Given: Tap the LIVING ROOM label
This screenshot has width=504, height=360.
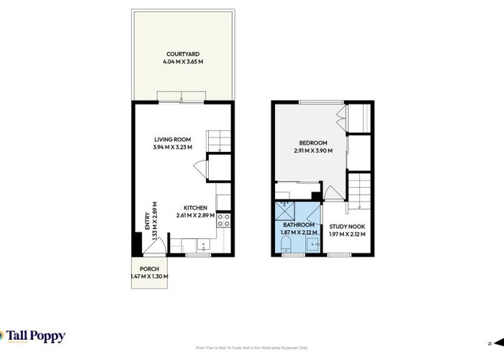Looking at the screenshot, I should (171, 140).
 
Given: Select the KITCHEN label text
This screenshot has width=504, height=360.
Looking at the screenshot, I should (195, 207).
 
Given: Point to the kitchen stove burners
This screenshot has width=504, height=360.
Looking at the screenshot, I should (224, 220).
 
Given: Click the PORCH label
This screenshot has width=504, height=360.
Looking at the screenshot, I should (148, 269).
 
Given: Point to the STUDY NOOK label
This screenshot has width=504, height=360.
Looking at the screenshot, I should (347, 226).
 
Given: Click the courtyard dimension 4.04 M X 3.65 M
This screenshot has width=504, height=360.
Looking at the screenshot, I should (181, 63).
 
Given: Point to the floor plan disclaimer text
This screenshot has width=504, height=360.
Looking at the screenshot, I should (252, 348).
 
